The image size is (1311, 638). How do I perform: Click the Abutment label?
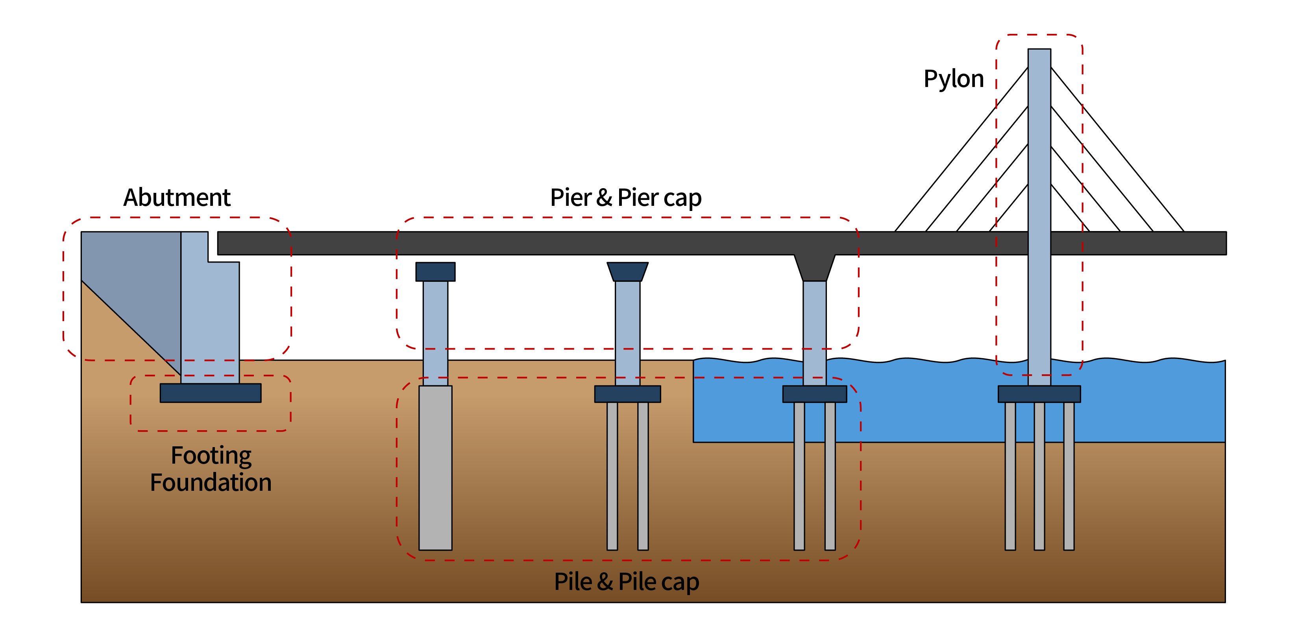[x=177, y=198]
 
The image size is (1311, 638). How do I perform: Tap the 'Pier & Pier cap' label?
[x=625, y=198]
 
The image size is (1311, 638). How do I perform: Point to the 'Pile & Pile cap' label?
[x=626, y=582]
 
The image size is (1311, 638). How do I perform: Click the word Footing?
[x=211, y=455]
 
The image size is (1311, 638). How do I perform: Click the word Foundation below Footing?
[x=211, y=482]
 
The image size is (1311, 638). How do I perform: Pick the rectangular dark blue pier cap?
[x=435, y=272]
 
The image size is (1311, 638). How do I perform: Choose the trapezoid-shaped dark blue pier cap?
[x=627, y=272]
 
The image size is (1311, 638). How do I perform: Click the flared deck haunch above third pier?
[x=814, y=267]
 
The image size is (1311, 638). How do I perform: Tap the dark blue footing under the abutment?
[x=211, y=393]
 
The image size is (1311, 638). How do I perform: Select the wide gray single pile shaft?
[x=435, y=468]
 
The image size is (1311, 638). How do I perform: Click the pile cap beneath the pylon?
[x=1039, y=394]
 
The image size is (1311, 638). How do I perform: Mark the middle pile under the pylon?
[x=1039, y=476]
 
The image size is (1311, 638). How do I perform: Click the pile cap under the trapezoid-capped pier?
[x=627, y=394]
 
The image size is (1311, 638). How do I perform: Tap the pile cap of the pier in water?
[x=814, y=394]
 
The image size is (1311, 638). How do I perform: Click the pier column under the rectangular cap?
[x=435, y=331]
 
